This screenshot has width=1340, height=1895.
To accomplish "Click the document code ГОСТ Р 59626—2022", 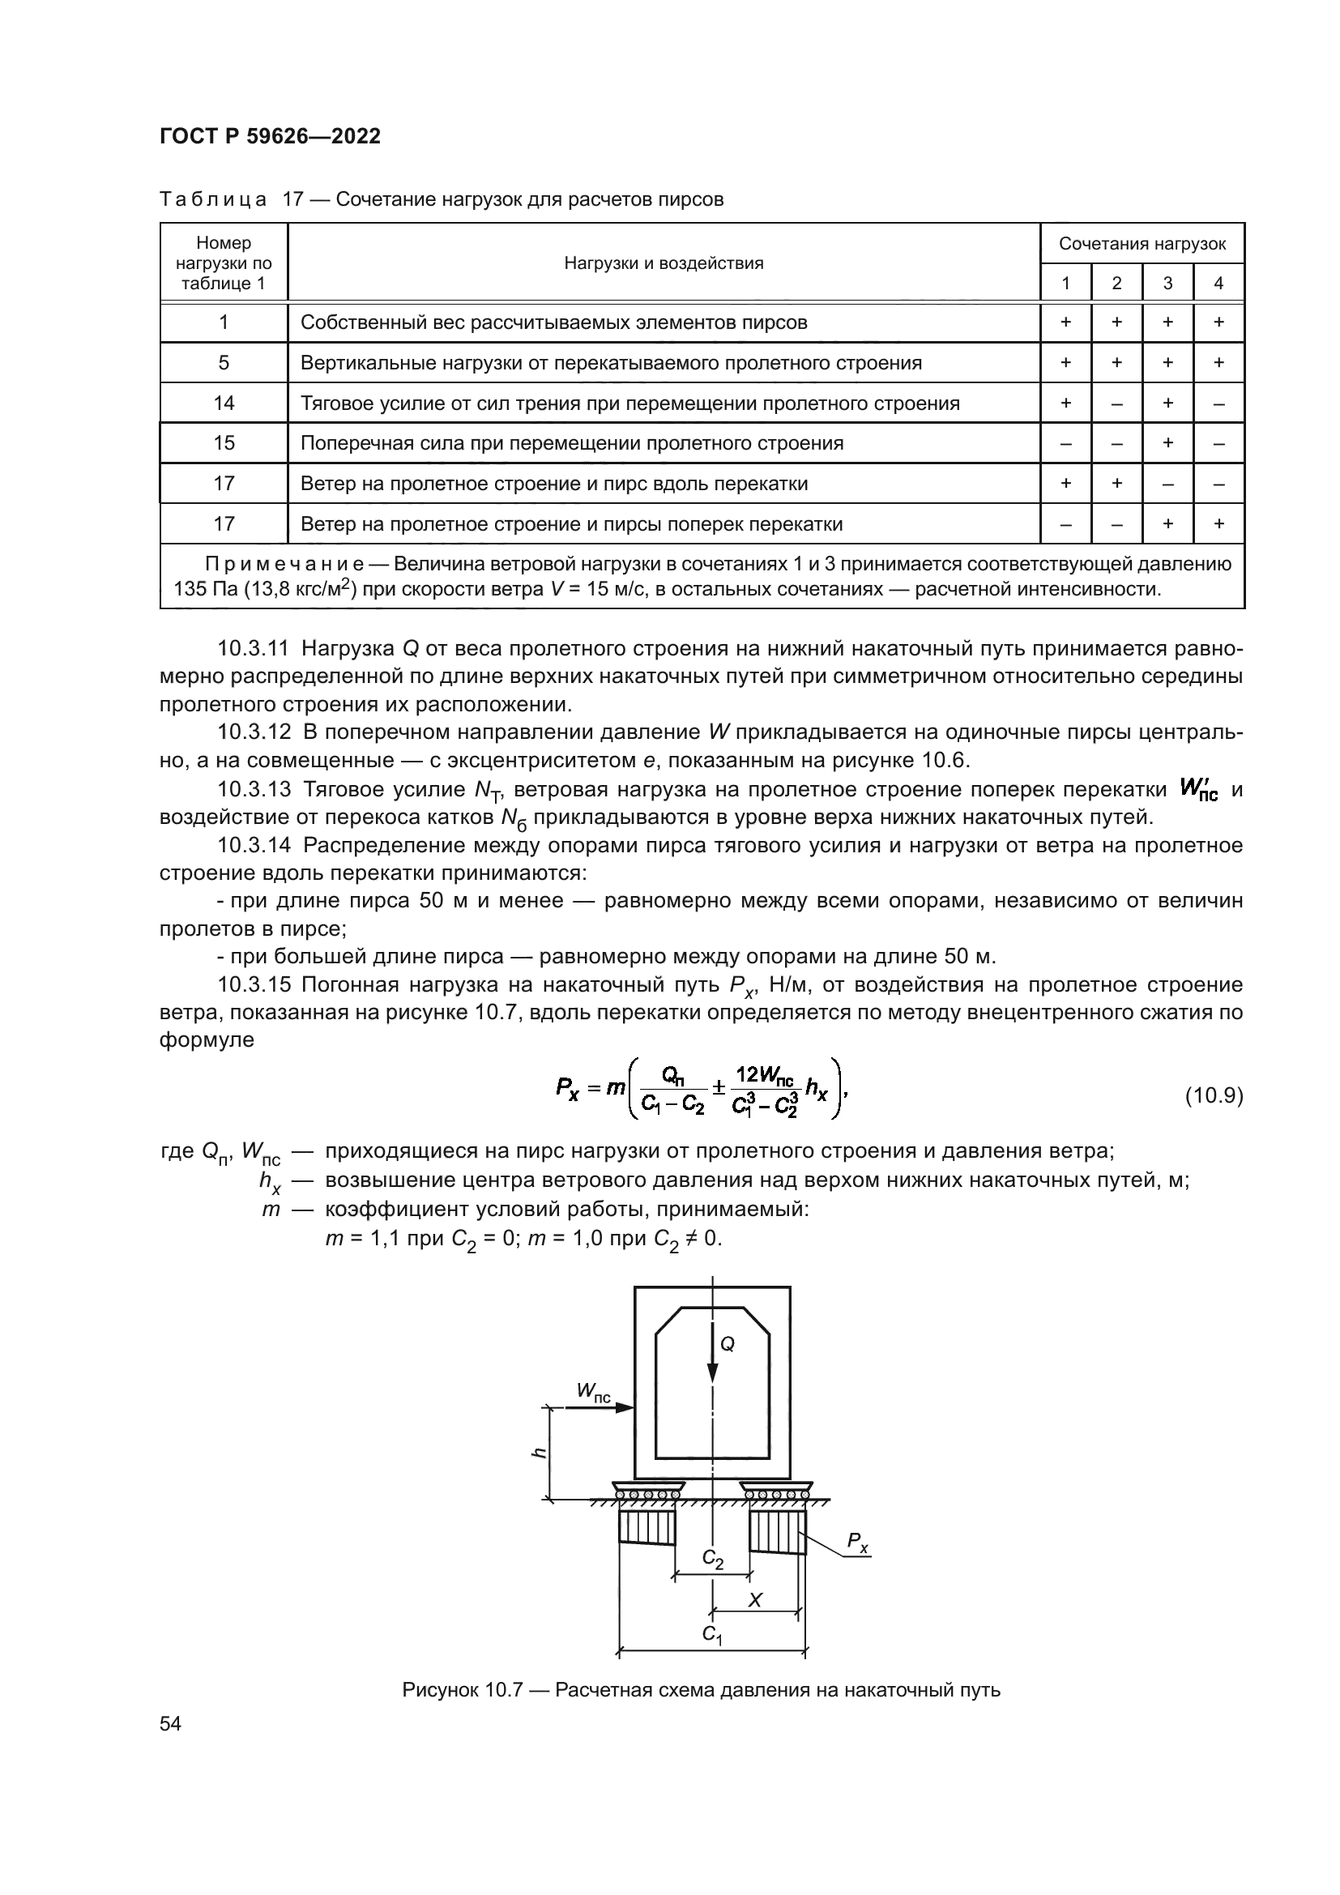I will point(270,136).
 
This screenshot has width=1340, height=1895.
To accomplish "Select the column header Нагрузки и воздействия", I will point(664,263).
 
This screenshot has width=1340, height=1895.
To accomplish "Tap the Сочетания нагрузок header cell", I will point(1142,244).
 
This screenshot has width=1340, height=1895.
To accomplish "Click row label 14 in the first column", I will point(224,403).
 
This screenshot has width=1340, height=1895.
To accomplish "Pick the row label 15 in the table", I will point(224,443).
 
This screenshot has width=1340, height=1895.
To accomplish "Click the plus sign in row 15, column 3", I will point(1167,443).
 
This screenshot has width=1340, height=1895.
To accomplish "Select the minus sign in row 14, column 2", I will point(1116,403).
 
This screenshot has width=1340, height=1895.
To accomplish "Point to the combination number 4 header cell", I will point(1218,283).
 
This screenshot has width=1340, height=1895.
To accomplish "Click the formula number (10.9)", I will point(1213,1096).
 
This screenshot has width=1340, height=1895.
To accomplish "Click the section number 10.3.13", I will point(254,790).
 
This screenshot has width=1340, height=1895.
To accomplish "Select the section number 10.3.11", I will point(254,649).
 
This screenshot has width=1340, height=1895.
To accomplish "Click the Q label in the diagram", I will point(727,1343).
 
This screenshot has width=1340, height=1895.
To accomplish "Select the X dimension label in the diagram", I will point(754,1599).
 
